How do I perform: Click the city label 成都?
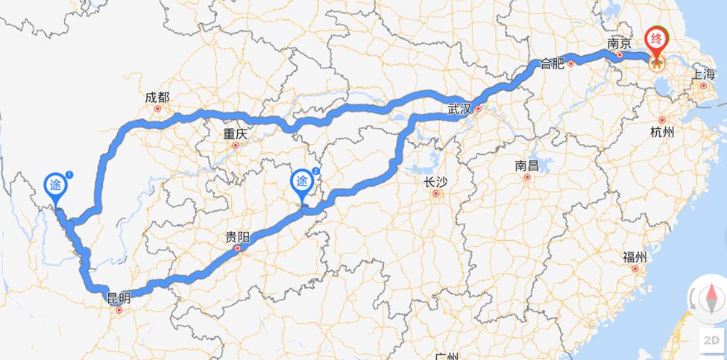tap(157, 98)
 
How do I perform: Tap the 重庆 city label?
tap(235, 135)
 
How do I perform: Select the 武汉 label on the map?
tap(460, 110)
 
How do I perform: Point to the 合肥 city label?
tap(553, 63)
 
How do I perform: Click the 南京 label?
tap(620, 44)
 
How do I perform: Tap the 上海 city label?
tap(704, 74)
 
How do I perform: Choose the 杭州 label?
tap(661, 132)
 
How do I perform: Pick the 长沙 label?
tap(435, 183)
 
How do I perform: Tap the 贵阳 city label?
tap(238, 239)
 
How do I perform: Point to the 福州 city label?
tap(635, 257)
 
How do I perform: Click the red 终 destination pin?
tap(657, 40)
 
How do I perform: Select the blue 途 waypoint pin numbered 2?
tap(302, 182)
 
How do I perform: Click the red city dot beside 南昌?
tap(527, 177)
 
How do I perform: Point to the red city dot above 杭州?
tap(661, 120)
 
